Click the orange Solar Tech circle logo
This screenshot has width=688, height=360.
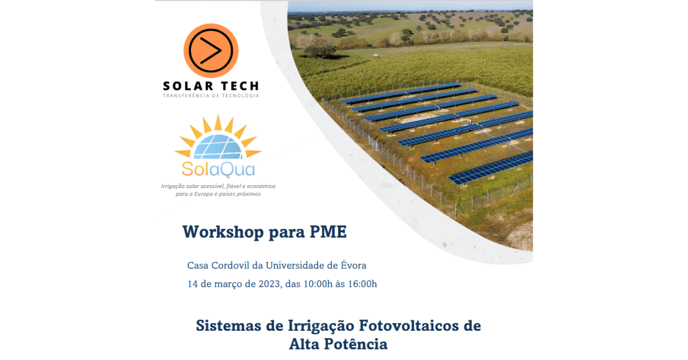(211, 50)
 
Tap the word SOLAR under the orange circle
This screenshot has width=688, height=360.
(188, 86)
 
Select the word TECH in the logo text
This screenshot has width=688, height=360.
(240, 86)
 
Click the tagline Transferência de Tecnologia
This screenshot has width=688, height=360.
(211, 96)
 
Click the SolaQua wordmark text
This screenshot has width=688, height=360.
(218, 169)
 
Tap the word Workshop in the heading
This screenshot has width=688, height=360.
(223, 232)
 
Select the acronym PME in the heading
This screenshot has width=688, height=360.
(329, 232)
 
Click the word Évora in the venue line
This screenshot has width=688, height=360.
(354, 265)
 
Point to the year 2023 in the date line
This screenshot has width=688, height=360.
(269, 284)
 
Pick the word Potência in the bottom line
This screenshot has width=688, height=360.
(356, 344)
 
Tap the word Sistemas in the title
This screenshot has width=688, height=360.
(229, 326)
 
